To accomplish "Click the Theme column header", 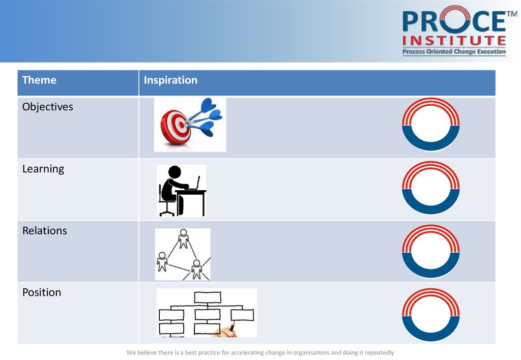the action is [x=39, y=80].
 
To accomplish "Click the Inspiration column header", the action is [x=170, y=80].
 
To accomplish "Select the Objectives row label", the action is [x=47, y=107].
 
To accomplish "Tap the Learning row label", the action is [x=43, y=169].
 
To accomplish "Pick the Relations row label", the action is [x=45, y=230].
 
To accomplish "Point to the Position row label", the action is [x=42, y=292].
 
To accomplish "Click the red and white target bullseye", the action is [x=176, y=127].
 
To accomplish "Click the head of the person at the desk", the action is [x=175, y=172].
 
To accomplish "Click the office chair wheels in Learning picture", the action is [x=167, y=213].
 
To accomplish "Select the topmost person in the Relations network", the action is [x=183, y=238].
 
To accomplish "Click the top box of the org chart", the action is [x=208, y=297].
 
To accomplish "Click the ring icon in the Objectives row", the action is [x=431, y=146].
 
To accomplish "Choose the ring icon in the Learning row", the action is [x=431, y=209].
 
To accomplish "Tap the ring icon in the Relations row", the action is [x=431, y=273].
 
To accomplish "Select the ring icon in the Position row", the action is [x=431, y=337].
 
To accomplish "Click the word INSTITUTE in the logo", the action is [x=454, y=41].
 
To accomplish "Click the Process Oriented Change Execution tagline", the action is [x=454, y=51].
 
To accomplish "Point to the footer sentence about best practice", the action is [x=260, y=352].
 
